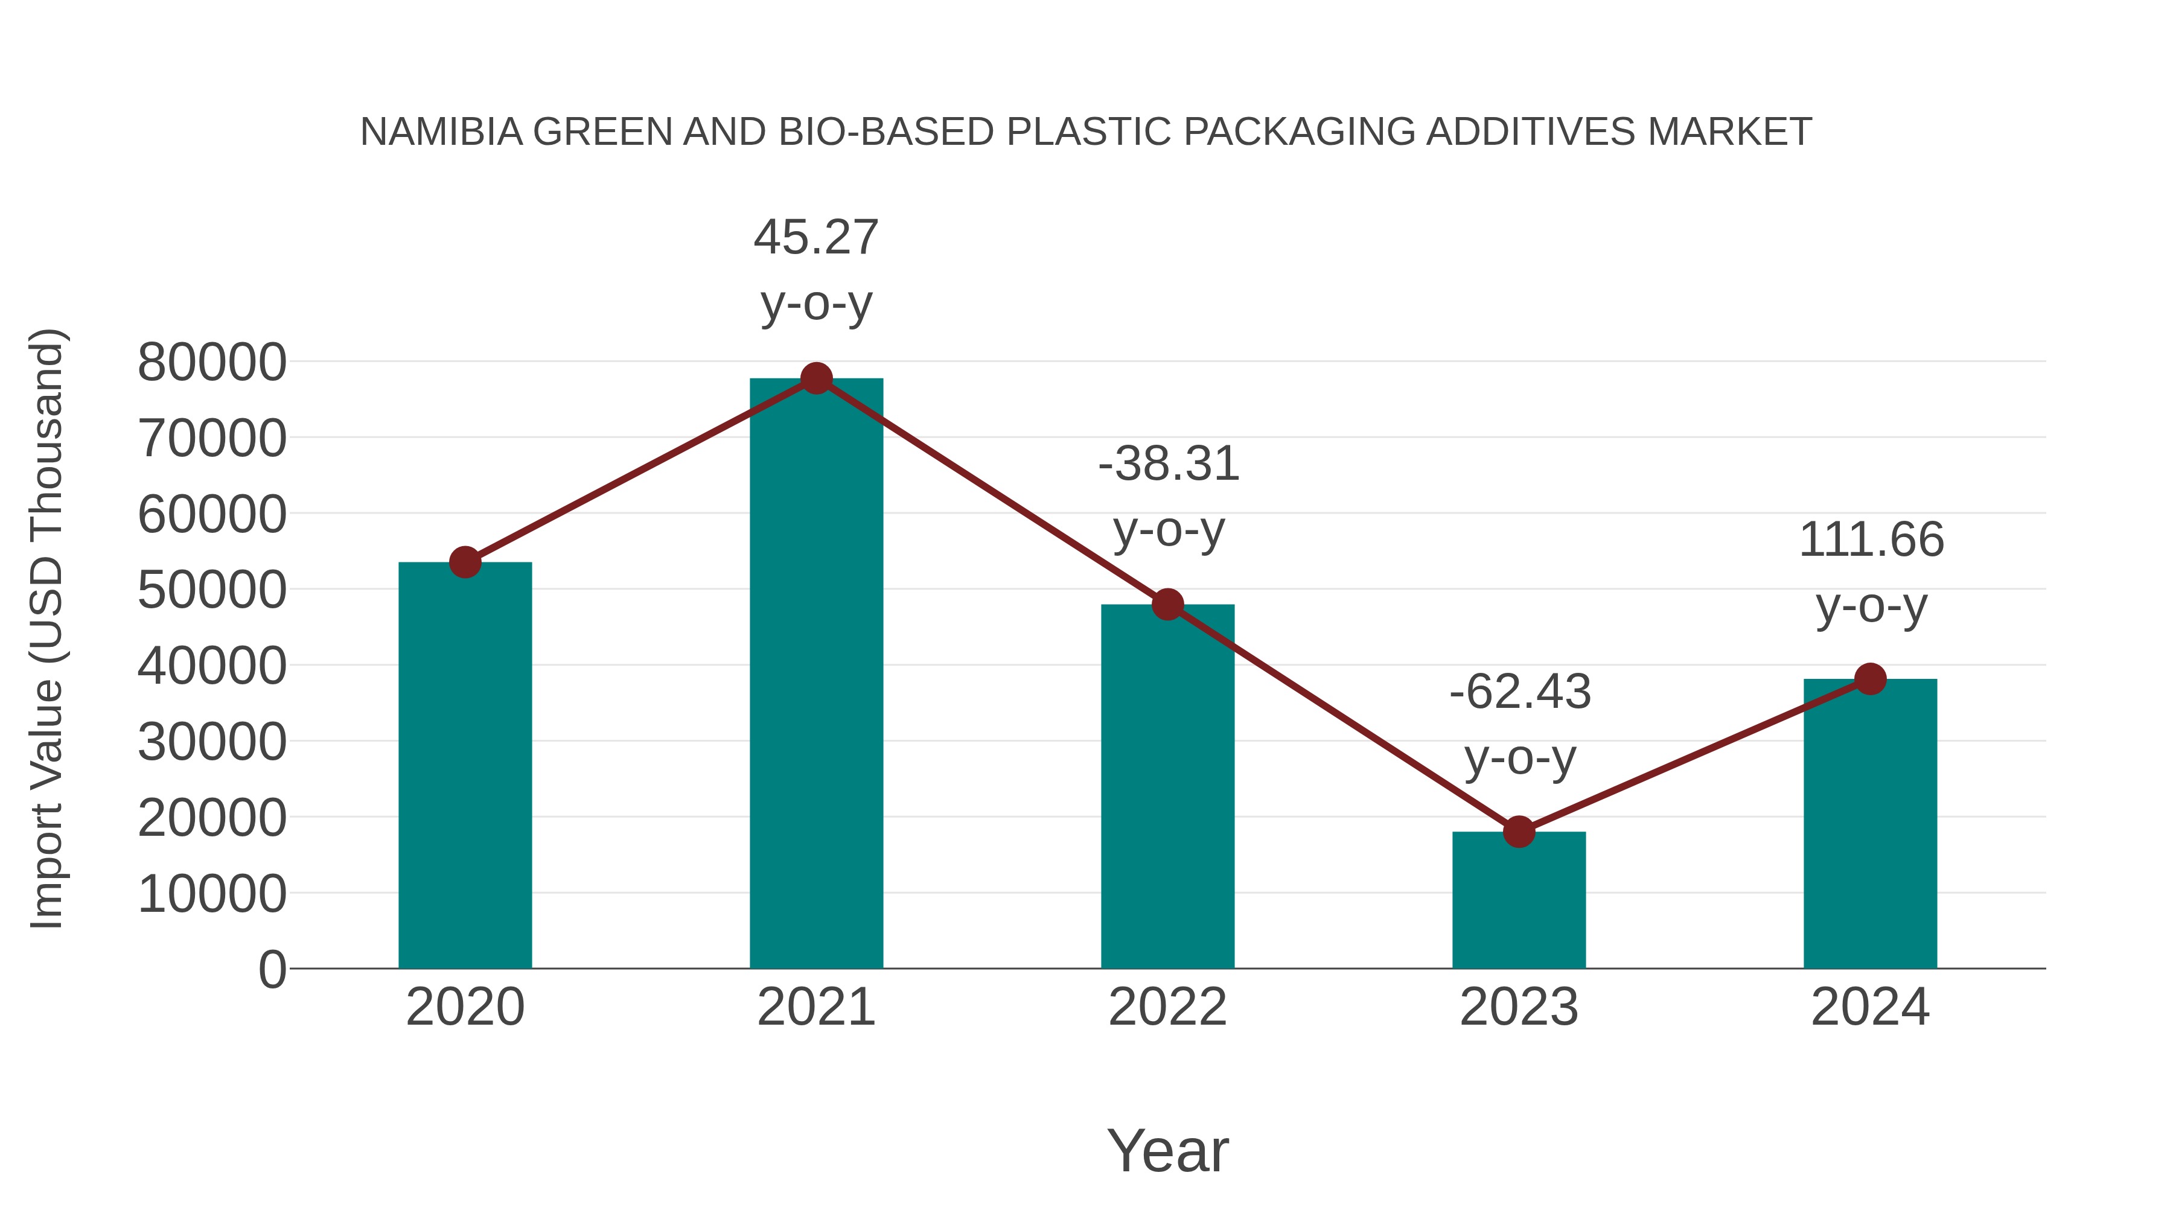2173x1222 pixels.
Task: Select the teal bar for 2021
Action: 815,675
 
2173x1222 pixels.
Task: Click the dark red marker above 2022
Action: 1167,604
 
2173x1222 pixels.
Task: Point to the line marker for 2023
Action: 1519,832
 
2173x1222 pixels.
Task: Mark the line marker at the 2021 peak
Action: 815,378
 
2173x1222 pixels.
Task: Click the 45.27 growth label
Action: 815,238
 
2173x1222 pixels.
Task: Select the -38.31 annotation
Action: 1169,465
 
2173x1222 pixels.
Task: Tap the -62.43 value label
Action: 1519,692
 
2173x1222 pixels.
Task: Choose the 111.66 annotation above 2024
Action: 1871,541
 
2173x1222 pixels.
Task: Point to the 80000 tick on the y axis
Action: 212,363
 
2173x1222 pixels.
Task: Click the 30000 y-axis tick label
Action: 212,742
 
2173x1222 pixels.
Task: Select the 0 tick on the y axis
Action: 272,969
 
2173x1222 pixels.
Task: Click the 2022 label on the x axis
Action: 1167,1007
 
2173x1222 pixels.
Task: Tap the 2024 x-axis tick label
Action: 1870,1007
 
